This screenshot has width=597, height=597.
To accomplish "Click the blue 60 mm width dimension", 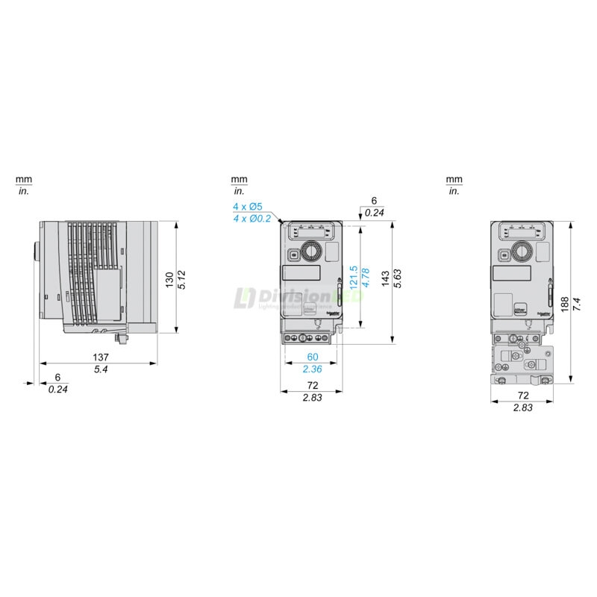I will tap(311, 357).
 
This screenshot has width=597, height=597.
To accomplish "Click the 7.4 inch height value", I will tap(575, 304).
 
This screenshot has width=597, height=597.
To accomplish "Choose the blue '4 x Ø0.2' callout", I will tap(251, 219).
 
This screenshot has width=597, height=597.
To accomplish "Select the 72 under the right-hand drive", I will tap(523, 396).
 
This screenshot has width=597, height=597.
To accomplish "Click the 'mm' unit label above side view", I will tap(24, 180).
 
